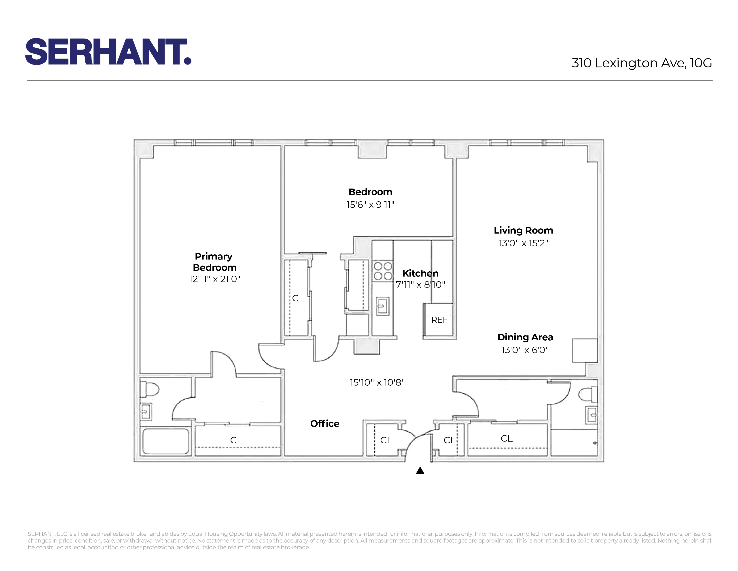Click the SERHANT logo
click(108, 52)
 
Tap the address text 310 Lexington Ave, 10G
click(641, 63)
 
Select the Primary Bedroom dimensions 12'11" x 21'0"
click(214, 279)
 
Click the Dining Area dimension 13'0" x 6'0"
click(525, 350)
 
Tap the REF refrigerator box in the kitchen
click(439, 320)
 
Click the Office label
click(324, 423)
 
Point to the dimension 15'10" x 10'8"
click(377, 382)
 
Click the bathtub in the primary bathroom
click(165, 441)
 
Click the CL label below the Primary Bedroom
click(236, 440)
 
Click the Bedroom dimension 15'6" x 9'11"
click(370, 205)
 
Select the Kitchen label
click(420, 273)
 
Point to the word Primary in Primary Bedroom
click(214, 256)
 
